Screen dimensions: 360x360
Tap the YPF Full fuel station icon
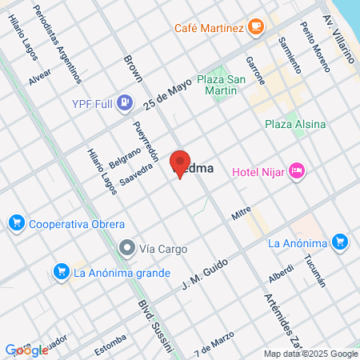(125, 102)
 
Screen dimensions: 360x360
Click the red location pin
(180, 162)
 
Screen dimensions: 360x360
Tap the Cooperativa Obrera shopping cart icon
(16, 223)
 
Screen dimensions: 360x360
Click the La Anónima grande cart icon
(60, 272)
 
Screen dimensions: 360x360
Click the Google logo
(26, 350)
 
